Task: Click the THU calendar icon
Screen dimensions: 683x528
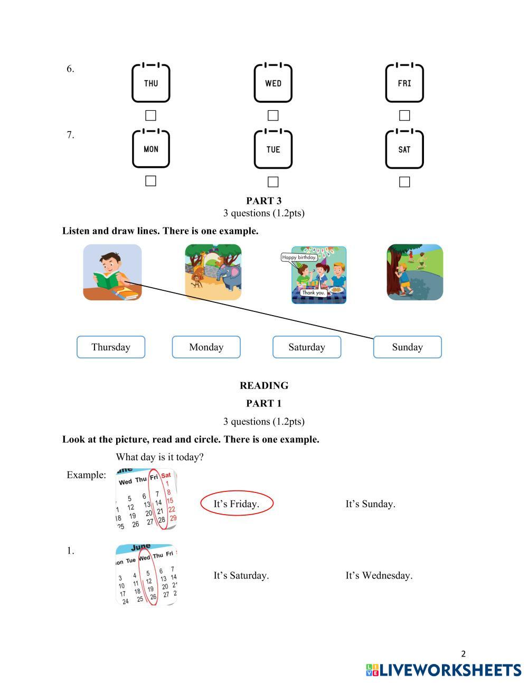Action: [x=150, y=83]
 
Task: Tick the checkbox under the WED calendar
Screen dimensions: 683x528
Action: [x=273, y=115]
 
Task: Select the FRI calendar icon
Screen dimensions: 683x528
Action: [x=404, y=83]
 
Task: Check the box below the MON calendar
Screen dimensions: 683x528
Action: [x=150, y=181]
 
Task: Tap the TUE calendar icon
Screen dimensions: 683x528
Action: [x=273, y=149]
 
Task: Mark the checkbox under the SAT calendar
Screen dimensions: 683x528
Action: [x=404, y=182]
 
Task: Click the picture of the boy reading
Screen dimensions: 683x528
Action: [x=112, y=272]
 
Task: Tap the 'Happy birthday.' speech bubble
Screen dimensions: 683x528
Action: [x=299, y=258]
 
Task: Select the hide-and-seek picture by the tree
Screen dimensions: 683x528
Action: [x=414, y=272]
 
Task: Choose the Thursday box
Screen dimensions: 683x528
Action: [x=111, y=347]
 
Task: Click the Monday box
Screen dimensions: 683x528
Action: [x=206, y=347]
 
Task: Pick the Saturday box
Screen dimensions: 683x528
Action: [x=307, y=347]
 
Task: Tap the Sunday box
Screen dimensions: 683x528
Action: [x=407, y=347]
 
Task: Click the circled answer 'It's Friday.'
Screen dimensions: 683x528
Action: [x=237, y=504]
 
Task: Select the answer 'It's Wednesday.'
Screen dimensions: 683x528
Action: [x=379, y=575]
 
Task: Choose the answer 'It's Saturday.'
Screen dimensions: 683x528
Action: [x=241, y=575]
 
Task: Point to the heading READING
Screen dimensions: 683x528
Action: [x=264, y=385]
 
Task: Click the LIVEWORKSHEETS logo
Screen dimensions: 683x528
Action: [x=444, y=670]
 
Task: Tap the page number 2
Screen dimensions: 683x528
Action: [x=464, y=654]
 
